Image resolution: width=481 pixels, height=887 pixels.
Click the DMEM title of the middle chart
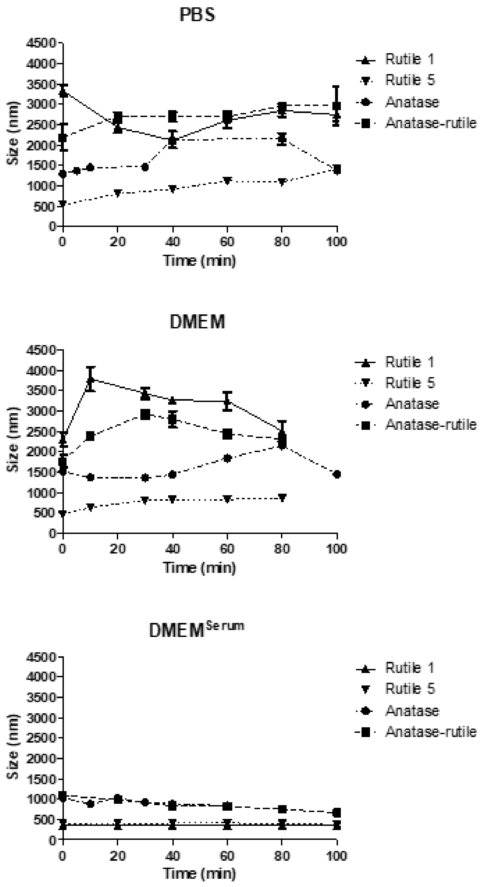click(197, 322)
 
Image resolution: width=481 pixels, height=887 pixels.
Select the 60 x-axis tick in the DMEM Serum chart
click(227, 856)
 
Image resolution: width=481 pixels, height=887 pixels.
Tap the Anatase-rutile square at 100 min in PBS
click(336, 105)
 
